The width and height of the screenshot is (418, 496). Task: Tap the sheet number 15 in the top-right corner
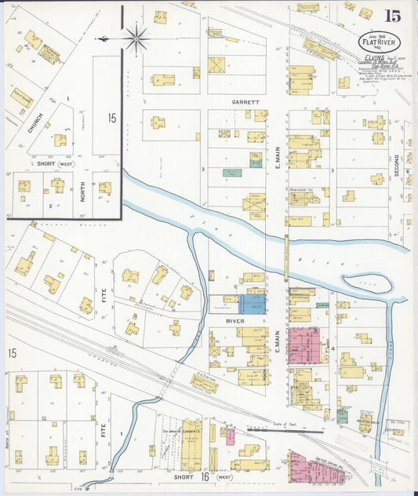click(393, 15)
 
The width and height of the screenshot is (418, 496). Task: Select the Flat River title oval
click(378, 41)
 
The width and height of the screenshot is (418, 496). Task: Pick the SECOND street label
click(397, 164)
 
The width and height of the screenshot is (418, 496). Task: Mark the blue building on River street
click(252, 305)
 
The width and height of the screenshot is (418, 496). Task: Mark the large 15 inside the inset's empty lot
click(112, 119)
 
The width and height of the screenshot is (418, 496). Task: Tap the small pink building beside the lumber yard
click(230, 436)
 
